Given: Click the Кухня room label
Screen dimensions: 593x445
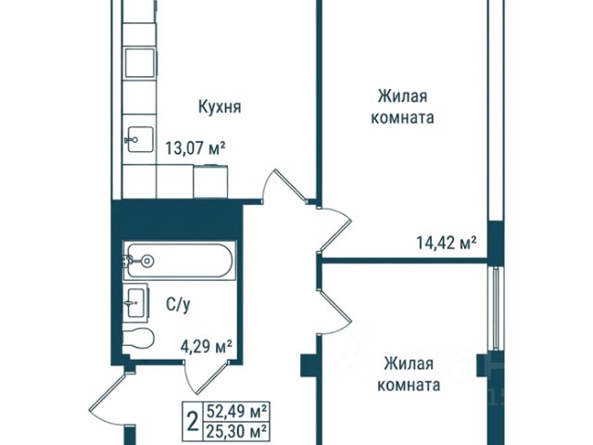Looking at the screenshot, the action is [x=220, y=108].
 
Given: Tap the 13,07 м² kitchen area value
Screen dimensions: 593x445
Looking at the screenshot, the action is [x=196, y=148].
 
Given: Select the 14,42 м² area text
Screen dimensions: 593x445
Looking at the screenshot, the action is [x=446, y=243].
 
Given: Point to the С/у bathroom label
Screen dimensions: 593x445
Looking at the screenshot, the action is [x=178, y=305].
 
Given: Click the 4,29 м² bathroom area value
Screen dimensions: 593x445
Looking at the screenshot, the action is [x=206, y=346].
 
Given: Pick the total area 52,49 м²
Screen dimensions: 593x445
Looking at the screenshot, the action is [x=236, y=411].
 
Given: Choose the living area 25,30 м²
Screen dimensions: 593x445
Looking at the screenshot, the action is [x=236, y=431].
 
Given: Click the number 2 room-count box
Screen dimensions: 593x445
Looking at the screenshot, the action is [x=193, y=421].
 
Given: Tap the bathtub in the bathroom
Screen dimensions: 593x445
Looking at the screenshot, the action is [x=180, y=261].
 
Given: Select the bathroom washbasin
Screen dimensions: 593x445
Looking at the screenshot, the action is [x=136, y=303].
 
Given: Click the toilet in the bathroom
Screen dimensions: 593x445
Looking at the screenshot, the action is [x=138, y=337].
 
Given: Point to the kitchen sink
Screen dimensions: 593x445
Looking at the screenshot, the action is [x=140, y=139].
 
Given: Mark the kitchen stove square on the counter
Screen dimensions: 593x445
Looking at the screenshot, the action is [x=140, y=63].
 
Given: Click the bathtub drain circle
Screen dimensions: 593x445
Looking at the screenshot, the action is [x=146, y=261].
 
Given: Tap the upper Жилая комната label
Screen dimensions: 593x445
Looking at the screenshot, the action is [x=402, y=108].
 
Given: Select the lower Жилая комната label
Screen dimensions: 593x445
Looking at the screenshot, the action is [x=409, y=375].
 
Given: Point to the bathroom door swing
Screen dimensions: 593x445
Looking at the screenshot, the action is [x=206, y=378].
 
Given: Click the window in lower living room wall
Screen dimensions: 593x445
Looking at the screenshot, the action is [x=495, y=308].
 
